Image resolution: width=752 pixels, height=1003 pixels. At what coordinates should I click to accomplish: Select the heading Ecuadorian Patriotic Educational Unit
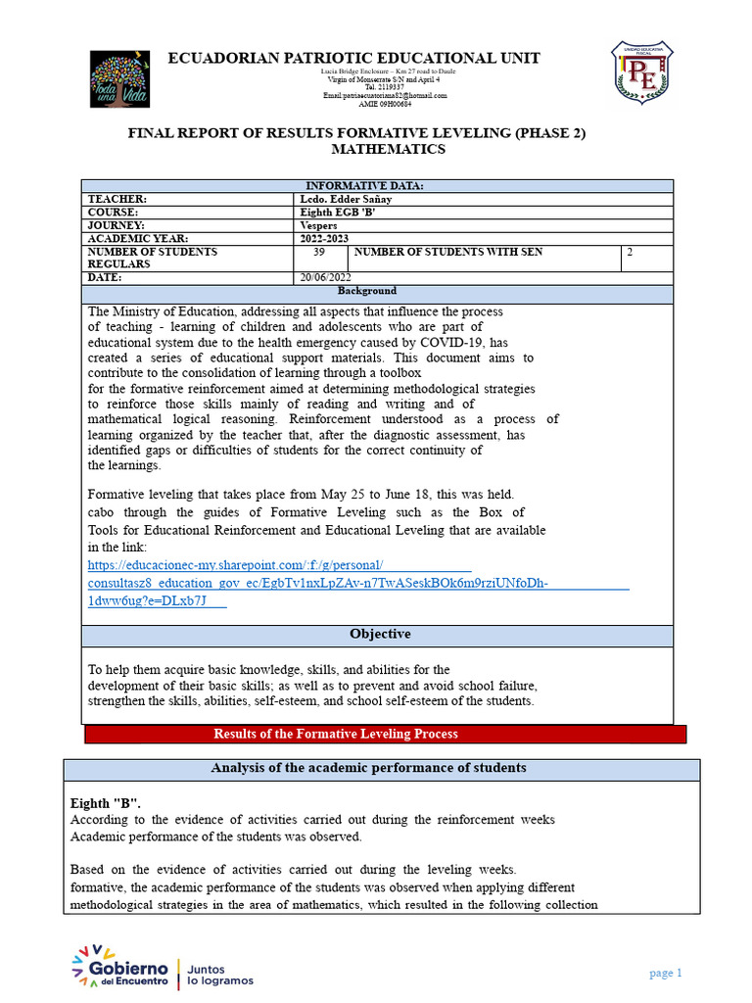[x=353, y=58]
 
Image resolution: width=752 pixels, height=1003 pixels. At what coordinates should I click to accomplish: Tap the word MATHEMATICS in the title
[x=388, y=150]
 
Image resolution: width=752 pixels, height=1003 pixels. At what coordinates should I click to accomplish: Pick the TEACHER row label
[x=117, y=199]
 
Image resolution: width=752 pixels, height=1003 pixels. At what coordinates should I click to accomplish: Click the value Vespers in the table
[x=319, y=225]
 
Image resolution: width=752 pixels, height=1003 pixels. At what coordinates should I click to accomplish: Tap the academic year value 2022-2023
[x=324, y=239]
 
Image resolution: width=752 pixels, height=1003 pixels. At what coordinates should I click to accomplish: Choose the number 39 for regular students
[x=319, y=253]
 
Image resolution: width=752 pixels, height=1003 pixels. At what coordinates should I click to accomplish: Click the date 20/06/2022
[x=325, y=278]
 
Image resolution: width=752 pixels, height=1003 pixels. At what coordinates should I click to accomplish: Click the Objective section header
[x=380, y=635]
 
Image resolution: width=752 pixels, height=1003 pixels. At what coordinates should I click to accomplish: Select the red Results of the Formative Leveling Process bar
[x=335, y=734]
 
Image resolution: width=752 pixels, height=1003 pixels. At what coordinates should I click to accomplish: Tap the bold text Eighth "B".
[x=105, y=800]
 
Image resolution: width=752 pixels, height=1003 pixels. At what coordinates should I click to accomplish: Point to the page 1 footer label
[x=665, y=973]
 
